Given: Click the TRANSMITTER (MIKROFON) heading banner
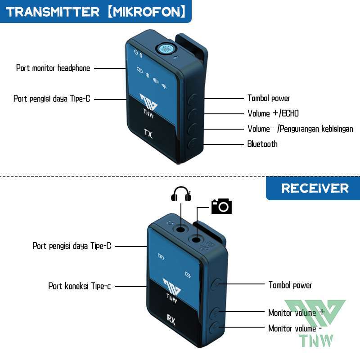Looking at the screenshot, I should [95, 11].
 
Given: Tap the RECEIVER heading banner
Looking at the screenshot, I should [315, 188].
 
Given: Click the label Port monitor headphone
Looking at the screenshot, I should [53, 68].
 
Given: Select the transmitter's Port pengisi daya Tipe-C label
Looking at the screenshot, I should [52, 99].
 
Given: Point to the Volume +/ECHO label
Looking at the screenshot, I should [273, 113].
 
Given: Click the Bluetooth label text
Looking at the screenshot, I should [262, 144].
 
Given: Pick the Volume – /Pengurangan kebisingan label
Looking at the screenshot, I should [300, 129].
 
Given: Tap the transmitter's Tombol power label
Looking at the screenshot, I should [269, 98].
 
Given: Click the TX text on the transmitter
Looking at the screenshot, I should [148, 133].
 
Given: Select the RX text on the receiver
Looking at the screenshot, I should [171, 320].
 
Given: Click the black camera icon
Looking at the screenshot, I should [221, 206].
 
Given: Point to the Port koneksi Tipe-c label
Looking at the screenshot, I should [80, 286].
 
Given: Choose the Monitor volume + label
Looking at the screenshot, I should [296, 312].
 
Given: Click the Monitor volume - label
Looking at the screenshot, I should [295, 328].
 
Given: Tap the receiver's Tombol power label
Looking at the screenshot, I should [290, 285].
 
